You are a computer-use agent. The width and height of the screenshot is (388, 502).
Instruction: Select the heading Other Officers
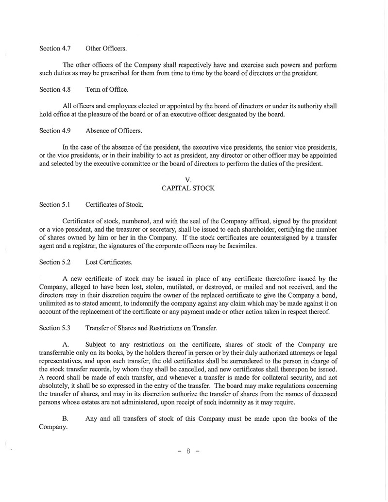[x=106, y=49]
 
